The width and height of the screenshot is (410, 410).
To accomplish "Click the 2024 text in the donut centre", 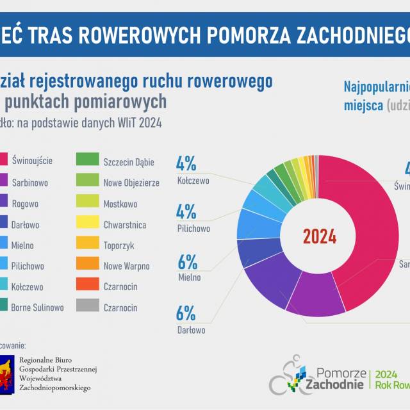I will pos(319,236).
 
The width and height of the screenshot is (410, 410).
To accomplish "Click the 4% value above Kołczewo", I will pos(186,164).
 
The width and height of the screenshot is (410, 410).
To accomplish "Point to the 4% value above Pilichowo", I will pos(186,211).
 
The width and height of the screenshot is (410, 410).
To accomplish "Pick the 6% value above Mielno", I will pos(186,261).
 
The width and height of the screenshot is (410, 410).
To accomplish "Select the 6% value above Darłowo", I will pos(186,313).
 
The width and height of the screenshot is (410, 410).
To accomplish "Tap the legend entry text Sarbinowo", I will pos(31,183).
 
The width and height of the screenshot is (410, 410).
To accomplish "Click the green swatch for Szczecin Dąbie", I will pos(87,161).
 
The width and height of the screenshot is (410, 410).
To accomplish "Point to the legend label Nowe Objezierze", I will pos(131,183).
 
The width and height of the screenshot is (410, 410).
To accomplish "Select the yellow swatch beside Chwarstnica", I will pos(87,224).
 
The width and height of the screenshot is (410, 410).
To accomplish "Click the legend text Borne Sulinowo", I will pos(37,307).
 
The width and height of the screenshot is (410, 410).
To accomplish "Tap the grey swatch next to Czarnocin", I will pos(87,307).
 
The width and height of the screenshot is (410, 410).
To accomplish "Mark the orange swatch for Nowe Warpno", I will pos(87,266).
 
